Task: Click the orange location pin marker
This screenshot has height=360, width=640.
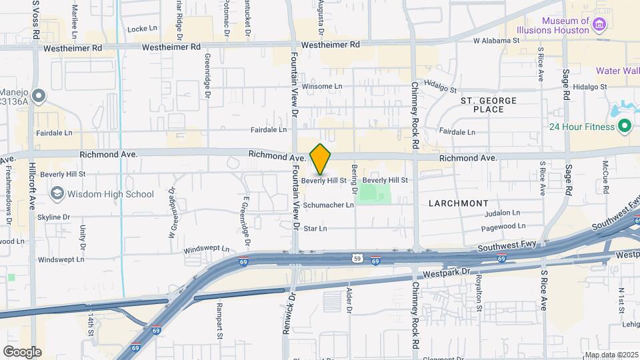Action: tap(321, 159)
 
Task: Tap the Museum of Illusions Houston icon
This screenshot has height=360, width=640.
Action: tap(599, 26)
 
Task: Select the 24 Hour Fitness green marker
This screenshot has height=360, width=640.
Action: tap(625, 125)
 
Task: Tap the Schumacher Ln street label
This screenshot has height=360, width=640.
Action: tap(329, 205)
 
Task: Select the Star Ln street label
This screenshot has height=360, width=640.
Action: tap(315, 229)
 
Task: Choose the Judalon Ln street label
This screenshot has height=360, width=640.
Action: tap(502, 213)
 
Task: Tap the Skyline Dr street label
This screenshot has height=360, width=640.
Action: tap(54, 217)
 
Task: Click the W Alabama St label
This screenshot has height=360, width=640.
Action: tap(496, 41)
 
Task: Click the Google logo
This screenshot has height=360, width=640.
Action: tap(22, 351)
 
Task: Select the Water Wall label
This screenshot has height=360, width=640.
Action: tap(617, 71)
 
